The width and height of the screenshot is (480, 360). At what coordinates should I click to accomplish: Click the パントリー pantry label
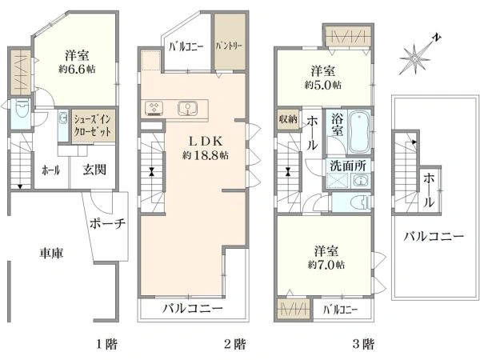[x=229, y=46]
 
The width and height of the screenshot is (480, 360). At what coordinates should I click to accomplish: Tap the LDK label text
[x=205, y=141]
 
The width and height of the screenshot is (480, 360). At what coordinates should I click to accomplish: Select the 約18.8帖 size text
[x=205, y=155]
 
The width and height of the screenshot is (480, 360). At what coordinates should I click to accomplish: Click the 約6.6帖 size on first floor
[x=77, y=69]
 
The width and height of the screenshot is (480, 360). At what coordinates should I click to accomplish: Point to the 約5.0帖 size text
[x=323, y=85]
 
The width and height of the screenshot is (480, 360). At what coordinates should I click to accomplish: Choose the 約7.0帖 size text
[x=326, y=265]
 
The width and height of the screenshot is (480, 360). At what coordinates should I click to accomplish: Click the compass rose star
[x=414, y=59]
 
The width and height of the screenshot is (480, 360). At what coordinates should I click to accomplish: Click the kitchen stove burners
[x=154, y=108]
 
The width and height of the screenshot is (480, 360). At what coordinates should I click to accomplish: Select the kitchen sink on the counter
[x=187, y=108]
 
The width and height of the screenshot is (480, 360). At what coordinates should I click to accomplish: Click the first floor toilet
[x=22, y=108]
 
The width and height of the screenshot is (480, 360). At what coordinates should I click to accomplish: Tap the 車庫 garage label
[x=51, y=254]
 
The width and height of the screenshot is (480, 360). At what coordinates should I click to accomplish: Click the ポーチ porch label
[x=108, y=224]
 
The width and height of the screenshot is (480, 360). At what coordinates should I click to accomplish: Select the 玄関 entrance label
[x=94, y=170]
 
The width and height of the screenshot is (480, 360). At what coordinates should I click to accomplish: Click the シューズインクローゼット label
[x=93, y=126]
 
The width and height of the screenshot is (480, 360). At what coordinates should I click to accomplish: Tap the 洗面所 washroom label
[x=348, y=166]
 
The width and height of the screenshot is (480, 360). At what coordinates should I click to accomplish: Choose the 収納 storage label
[x=288, y=118]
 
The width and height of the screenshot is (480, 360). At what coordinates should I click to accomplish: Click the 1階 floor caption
[x=106, y=344]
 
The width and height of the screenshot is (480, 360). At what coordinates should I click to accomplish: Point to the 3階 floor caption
[x=363, y=344]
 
